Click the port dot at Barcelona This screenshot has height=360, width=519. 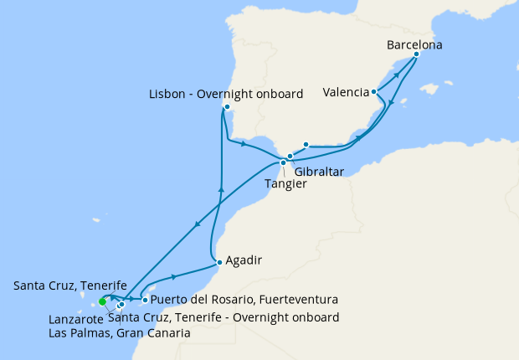[x=417, y=55]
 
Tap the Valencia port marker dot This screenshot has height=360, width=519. [x=373, y=92]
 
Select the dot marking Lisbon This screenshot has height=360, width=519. [x=227, y=107]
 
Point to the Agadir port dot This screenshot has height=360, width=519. [x=219, y=262]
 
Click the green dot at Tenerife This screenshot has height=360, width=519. [x=102, y=301]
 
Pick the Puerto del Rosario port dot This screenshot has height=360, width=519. [x=145, y=300]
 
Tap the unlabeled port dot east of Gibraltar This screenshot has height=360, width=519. [x=306, y=144]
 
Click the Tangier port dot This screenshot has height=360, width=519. [x=283, y=162]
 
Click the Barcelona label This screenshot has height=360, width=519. [x=415, y=44]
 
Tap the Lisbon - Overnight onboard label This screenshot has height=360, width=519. [x=227, y=95]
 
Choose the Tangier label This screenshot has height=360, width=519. [x=285, y=183]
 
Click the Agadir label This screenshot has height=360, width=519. [x=244, y=260]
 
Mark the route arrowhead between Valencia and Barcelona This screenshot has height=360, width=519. [x=396, y=75]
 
